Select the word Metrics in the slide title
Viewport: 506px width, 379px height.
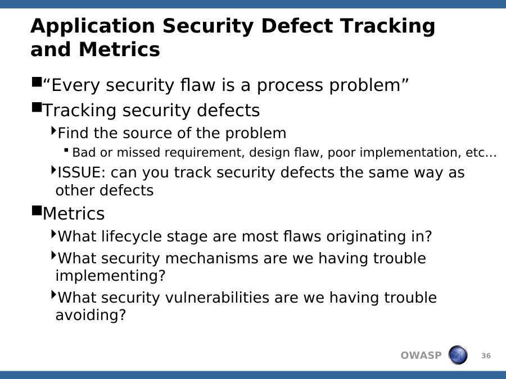click(119, 49)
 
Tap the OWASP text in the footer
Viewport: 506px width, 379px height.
click(421, 355)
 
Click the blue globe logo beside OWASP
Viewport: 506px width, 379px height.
click(458, 355)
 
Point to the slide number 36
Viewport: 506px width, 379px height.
click(486, 356)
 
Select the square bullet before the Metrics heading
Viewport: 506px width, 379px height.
click(37, 211)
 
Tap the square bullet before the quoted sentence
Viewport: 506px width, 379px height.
click(37, 82)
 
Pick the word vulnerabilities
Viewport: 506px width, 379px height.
click(217, 298)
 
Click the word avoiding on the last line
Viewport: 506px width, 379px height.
click(91, 315)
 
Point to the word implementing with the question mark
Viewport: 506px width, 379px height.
click(110, 276)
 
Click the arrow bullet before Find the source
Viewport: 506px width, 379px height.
click(54, 130)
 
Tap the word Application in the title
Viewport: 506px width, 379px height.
click(93, 26)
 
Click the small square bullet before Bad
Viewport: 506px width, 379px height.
click(66, 149)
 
